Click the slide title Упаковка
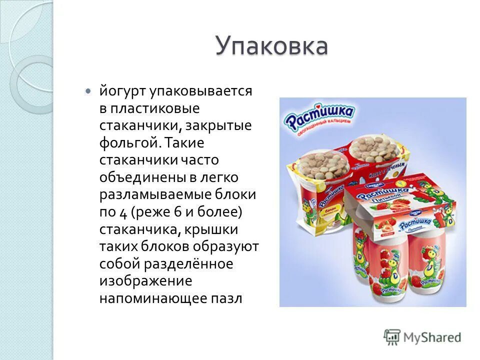tap(271, 46)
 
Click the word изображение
tap(145, 281)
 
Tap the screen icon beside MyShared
tap(392, 337)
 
